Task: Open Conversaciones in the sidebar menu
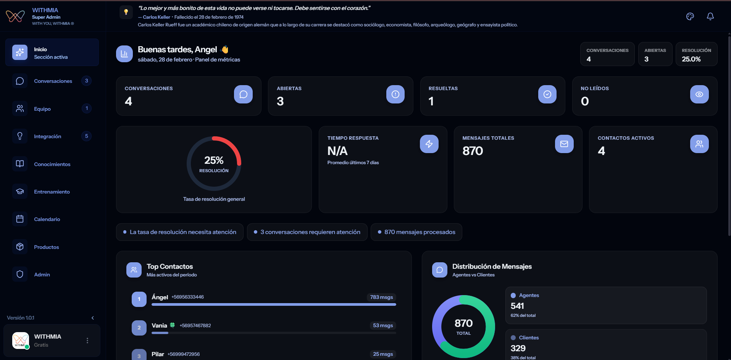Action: [x=53, y=81]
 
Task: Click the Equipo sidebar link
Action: [x=42, y=109]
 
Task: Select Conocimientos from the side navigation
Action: [x=52, y=164]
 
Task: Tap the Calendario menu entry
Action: [x=47, y=219]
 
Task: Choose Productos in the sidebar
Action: [x=46, y=247]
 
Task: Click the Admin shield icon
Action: [x=20, y=274]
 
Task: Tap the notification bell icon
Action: [x=710, y=16]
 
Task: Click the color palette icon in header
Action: [x=690, y=16]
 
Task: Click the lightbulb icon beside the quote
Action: [x=126, y=12]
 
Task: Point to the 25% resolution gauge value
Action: [x=214, y=160]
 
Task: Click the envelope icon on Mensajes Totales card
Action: [x=564, y=144]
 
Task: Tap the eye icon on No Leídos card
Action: [x=699, y=94]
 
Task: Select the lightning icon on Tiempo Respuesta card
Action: [x=429, y=144]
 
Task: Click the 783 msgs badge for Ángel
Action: [x=381, y=297]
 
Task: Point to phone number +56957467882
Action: [x=195, y=326]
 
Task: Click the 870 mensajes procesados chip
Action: [x=416, y=232]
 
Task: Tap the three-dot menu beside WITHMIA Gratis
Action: [x=87, y=341]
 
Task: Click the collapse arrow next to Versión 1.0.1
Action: [x=93, y=318]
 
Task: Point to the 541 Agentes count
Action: [x=517, y=306]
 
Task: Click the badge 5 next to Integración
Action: [x=86, y=136]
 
